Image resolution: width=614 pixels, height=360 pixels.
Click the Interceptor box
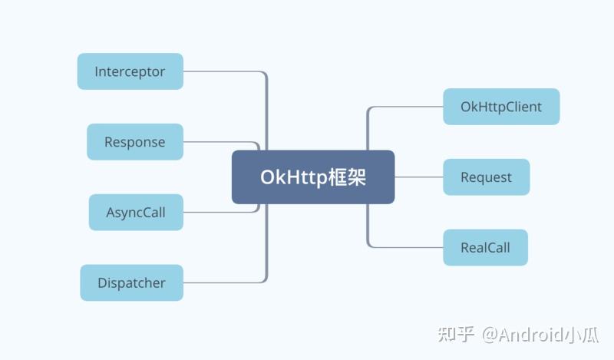(130, 71)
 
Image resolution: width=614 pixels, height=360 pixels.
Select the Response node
(134, 142)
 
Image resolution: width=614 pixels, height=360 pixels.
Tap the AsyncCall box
(135, 213)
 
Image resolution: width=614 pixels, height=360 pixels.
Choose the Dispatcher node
(131, 282)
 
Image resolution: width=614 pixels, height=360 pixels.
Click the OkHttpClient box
(501, 107)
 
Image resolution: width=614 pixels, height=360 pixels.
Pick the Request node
(486, 177)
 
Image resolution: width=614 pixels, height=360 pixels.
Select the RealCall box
(485, 247)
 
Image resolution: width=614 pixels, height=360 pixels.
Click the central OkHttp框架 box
(313, 177)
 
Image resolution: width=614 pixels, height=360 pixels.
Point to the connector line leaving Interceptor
(223, 72)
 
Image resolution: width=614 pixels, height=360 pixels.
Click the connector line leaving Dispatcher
(223, 282)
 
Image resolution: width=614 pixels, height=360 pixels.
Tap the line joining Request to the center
(418, 177)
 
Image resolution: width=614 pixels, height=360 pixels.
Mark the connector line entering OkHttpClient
(407, 107)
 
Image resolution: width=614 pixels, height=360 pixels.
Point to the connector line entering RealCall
(407, 247)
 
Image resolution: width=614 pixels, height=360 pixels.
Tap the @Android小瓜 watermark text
(540, 335)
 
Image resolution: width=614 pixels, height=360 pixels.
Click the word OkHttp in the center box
(289, 177)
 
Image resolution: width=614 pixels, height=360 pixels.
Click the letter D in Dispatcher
(102, 282)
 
